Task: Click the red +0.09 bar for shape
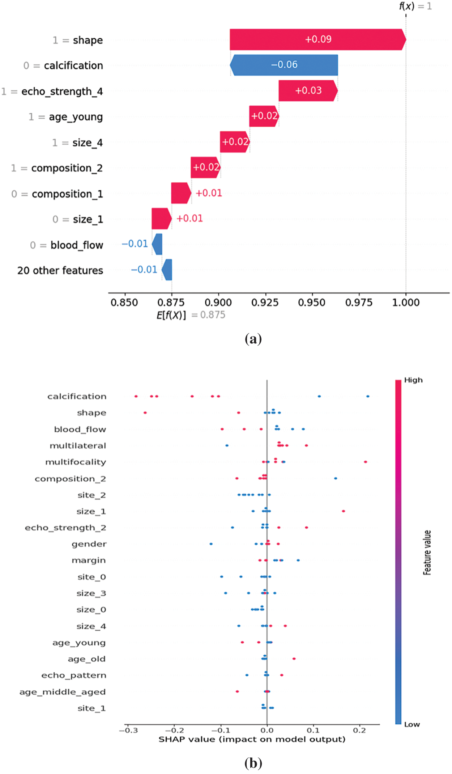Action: [317, 39]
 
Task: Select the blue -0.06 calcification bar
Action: [284, 65]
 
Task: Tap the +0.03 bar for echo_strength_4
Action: [308, 91]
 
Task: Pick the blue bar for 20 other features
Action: [167, 270]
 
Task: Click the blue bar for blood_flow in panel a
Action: [157, 245]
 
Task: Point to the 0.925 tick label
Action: [265, 303]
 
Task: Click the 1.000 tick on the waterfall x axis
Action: [406, 303]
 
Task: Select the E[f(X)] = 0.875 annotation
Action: [191, 315]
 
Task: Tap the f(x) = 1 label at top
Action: [415, 6]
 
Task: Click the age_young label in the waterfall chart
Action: [76, 117]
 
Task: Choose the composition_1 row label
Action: [67, 194]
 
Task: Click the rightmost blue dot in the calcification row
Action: [368, 396]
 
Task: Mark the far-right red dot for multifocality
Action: [366, 462]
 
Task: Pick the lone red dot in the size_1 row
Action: [343, 511]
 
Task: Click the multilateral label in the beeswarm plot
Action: [78, 446]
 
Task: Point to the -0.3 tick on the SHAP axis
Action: [128, 731]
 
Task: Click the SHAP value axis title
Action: [252, 739]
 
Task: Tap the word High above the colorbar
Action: [413, 380]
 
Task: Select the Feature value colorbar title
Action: [427, 553]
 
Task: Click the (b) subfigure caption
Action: [253, 763]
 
